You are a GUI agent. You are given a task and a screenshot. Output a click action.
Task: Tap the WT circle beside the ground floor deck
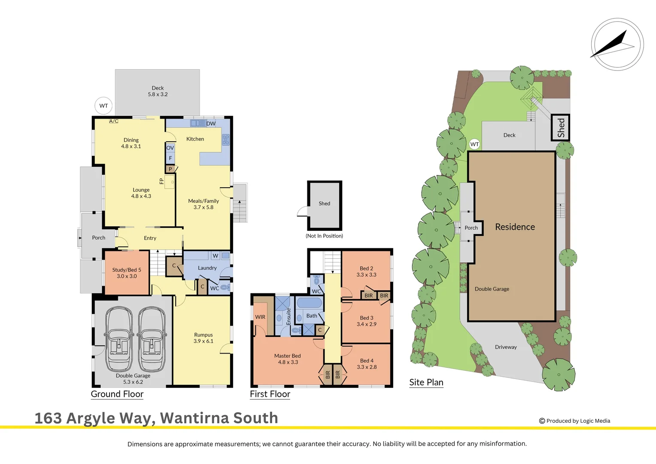(103, 106)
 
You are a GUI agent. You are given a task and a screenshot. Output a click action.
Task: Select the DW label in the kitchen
(211, 124)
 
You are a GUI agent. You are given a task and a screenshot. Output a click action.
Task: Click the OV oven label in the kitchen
(170, 148)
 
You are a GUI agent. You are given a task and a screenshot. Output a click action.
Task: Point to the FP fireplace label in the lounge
(162, 181)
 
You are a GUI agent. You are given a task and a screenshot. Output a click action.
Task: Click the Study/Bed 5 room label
(127, 273)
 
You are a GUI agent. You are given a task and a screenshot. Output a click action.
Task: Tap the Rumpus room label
(203, 338)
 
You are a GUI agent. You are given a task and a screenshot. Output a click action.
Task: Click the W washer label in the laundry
(216, 256)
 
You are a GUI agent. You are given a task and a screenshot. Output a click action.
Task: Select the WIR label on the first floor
(260, 317)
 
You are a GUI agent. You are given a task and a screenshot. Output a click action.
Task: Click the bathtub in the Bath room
(309, 303)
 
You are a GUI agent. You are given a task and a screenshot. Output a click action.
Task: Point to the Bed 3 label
(366, 321)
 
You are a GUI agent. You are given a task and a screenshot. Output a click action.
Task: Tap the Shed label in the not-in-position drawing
(324, 204)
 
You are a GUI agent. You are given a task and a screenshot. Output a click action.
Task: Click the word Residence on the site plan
(515, 227)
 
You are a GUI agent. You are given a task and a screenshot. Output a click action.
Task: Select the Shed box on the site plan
(560, 128)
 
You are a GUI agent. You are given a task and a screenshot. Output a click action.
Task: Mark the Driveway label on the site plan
(506, 347)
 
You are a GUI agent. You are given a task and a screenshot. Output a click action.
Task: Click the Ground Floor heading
(117, 394)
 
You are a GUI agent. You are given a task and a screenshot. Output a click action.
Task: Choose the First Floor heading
(270, 394)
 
